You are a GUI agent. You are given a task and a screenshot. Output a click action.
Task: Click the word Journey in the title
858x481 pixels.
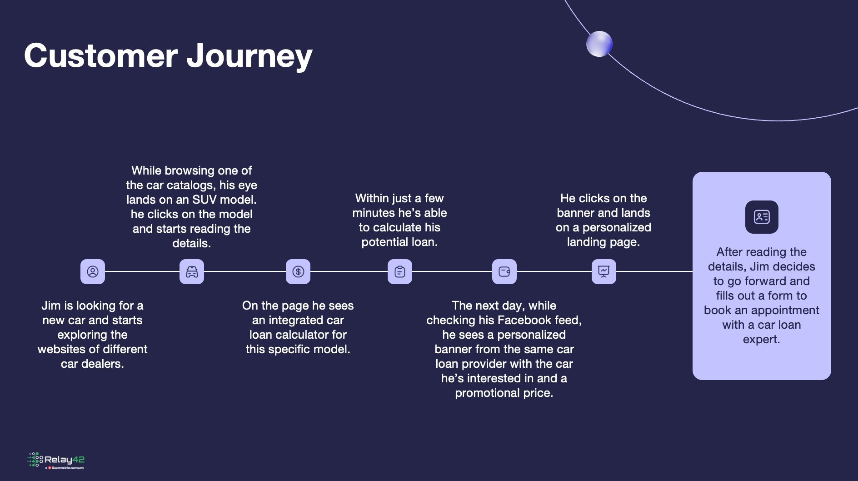(249, 56)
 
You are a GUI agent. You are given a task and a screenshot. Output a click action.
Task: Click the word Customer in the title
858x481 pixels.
(101, 55)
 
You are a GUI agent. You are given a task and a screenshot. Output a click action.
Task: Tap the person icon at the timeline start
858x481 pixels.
(93, 272)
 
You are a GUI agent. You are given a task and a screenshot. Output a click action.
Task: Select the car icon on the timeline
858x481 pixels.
(192, 272)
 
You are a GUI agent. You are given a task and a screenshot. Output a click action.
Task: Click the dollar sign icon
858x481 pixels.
(298, 272)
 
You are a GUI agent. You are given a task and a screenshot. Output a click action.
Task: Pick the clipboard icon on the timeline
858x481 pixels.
(400, 272)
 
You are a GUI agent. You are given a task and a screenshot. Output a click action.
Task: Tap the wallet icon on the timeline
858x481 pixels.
(504, 272)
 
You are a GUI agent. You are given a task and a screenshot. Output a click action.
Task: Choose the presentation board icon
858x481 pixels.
(604, 272)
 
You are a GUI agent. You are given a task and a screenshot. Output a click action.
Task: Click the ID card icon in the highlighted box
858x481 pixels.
(762, 217)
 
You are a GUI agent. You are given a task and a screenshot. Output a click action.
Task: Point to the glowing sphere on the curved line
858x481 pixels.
(599, 44)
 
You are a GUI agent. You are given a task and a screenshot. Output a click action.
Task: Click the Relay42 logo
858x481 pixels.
(56, 461)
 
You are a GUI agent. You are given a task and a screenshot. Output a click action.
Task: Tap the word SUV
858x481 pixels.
(204, 200)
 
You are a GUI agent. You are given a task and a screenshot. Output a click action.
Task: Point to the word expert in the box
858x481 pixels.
(761, 340)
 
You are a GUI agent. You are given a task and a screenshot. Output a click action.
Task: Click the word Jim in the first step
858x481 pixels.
(51, 306)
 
